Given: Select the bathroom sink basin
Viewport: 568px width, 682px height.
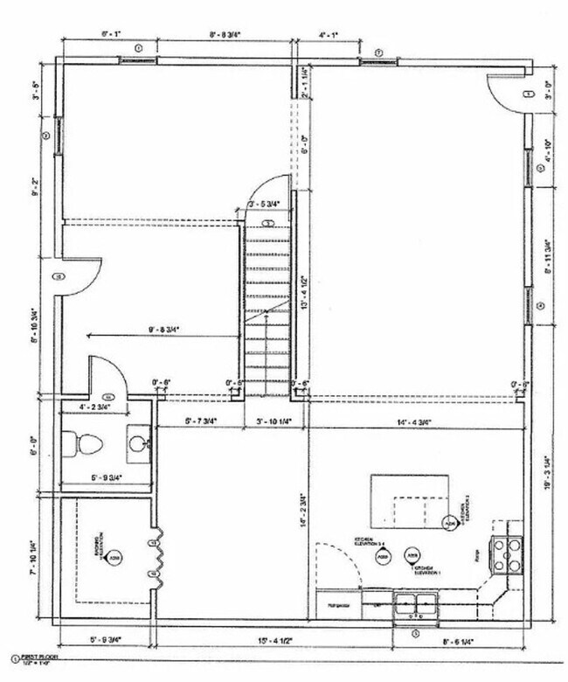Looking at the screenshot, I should pyautogui.click(x=137, y=443).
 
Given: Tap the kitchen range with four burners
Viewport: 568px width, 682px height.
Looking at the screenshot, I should pyautogui.click(x=508, y=553).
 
